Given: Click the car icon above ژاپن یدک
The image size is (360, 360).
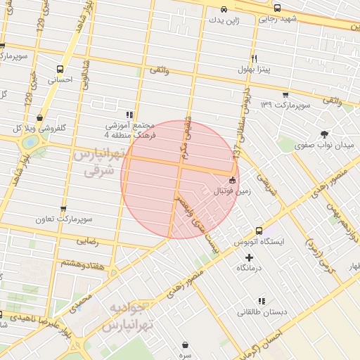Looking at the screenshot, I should tap(224, 10).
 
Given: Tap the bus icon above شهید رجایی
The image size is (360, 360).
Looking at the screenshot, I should tap(277, 8).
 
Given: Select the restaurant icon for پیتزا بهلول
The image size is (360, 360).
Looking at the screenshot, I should tap(253, 59).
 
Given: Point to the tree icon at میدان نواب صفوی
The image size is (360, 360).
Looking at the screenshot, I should tap(324, 133).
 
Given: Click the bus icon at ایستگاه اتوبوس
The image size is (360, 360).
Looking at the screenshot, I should tap(259, 231).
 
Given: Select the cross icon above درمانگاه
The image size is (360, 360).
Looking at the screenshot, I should tap(249, 257).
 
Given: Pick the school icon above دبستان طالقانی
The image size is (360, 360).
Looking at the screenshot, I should tap(262, 301).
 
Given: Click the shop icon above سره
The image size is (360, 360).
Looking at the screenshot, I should tap(185, 345).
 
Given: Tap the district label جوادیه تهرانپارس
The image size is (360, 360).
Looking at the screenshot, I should tap(127, 319).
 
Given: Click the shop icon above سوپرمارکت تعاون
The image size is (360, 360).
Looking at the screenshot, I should tap(64, 209).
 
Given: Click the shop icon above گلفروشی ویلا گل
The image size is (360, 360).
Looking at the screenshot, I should tap(39, 118).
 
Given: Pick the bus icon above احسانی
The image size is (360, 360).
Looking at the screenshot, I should tap(60, 70).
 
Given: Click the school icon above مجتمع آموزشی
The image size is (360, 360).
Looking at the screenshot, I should tap(129, 115).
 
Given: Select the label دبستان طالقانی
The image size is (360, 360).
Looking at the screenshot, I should tap(261, 312).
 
